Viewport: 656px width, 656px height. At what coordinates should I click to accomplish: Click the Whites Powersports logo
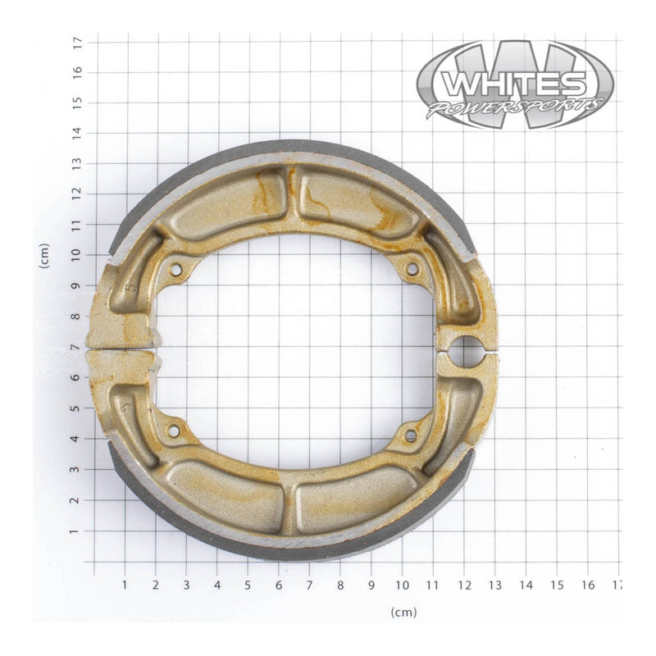tap(514, 85)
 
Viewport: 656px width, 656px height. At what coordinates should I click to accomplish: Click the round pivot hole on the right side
tap(467, 351)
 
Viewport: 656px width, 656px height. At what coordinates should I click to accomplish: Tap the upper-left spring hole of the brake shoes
tap(175, 268)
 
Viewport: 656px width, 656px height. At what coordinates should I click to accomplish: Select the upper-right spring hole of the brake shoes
tap(412, 268)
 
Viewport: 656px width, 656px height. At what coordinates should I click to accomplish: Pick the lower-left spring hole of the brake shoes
tap(174, 430)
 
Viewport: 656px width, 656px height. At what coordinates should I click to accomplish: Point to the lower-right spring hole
tap(410, 436)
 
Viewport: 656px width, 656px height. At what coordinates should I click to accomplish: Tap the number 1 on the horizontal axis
tap(125, 585)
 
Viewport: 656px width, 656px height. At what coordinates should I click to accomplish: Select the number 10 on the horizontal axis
tap(402, 585)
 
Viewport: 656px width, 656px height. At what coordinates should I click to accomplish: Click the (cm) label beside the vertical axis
tap(44, 257)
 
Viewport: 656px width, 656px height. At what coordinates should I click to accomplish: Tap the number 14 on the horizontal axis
tap(526, 585)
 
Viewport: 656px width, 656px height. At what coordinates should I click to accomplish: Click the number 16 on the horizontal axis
tap(587, 585)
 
